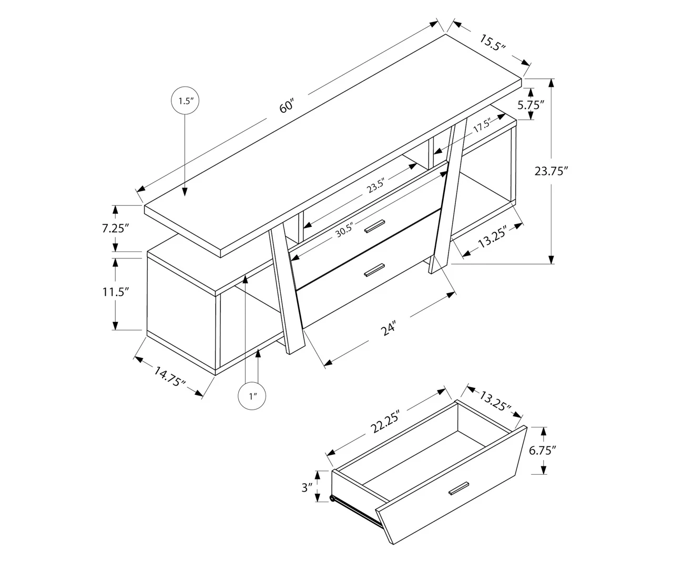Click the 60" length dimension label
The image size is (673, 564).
(286, 107)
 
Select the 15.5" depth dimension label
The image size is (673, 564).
(492, 42)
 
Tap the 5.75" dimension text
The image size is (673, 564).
(530, 104)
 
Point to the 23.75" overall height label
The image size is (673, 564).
(552, 171)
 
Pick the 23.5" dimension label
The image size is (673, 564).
(376, 186)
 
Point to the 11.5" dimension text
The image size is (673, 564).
(116, 292)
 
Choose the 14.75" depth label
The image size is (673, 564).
(169, 377)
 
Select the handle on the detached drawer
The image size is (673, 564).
(458, 487)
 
